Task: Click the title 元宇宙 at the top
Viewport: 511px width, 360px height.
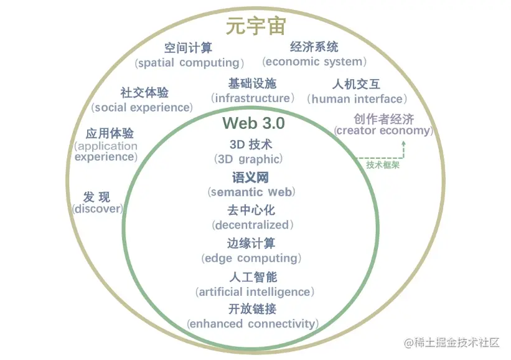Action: [255, 27]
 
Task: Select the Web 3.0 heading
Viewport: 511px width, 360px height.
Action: [254, 123]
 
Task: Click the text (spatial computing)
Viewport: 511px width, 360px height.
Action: [189, 63]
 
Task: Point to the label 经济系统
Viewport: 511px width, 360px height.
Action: [314, 47]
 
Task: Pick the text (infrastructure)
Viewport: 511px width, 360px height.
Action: [252, 98]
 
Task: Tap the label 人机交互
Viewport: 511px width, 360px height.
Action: [357, 84]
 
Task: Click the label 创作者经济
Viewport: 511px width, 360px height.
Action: [383, 118]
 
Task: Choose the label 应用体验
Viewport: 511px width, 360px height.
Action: [110, 133]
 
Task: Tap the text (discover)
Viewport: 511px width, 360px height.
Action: [98, 209]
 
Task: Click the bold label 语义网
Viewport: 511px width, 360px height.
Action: [251, 178]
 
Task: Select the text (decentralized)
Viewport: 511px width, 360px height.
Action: [251, 225]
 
